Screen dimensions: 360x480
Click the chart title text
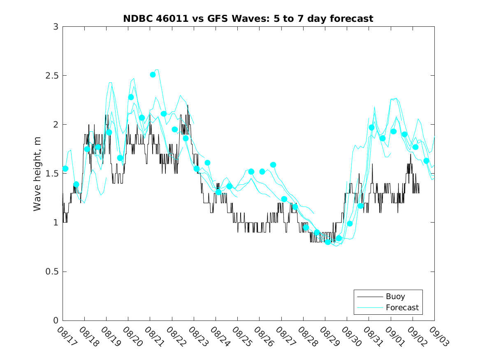(x=248, y=19)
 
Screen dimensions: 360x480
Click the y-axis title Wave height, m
(x=37, y=174)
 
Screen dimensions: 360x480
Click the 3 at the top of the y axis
(x=56, y=27)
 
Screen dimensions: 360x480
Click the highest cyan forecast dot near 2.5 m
(x=153, y=74)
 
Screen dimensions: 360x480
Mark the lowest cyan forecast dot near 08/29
(x=328, y=242)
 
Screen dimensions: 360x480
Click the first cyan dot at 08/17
(x=65, y=169)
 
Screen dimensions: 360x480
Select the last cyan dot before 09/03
(x=426, y=161)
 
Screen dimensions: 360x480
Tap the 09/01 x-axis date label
(x=394, y=337)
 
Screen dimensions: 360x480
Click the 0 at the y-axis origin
(x=56, y=321)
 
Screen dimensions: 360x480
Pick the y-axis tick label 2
(x=56, y=125)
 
